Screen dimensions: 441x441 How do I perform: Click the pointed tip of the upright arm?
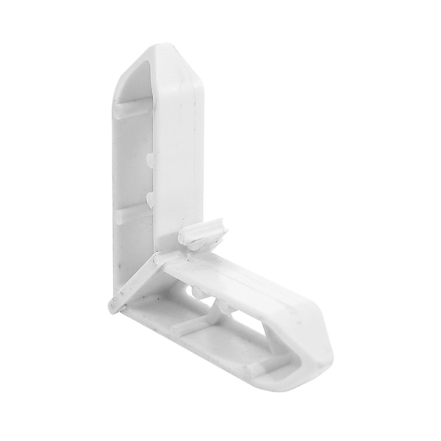pos(157,45)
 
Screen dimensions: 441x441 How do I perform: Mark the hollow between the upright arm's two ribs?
pos(132,158)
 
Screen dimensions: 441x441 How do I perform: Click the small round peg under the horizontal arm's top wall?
pos(198,293)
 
